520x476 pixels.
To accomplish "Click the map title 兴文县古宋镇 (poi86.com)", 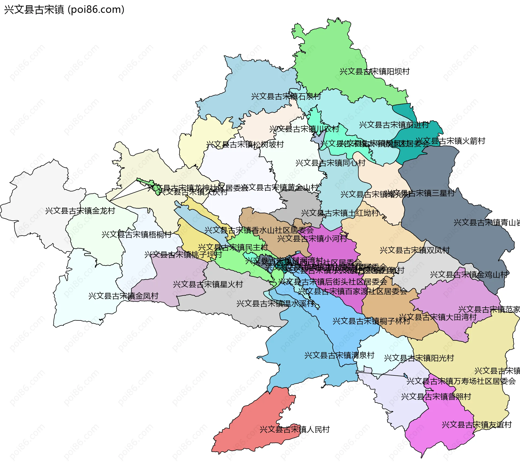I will [x=64, y=9].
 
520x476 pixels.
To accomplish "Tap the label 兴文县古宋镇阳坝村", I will [x=374, y=72].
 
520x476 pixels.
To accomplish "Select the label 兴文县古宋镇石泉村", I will [x=286, y=97].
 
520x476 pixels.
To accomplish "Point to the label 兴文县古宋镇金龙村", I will [x=80, y=211].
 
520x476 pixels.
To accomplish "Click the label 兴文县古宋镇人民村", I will [x=295, y=429].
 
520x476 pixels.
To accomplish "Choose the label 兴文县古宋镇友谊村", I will [x=477, y=424].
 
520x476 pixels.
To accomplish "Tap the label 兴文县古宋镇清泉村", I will [x=339, y=355].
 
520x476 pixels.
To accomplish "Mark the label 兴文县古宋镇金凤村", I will [x=123, y=296].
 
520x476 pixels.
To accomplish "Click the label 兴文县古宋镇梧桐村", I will [x=136, y=234].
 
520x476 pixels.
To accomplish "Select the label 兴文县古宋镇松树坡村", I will [x=245, y=144].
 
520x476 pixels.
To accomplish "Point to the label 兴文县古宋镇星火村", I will [x=208, y=284].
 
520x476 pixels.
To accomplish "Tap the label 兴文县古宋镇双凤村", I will [x=415, y=250].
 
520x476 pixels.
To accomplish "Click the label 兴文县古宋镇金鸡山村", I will [x=469, y=275].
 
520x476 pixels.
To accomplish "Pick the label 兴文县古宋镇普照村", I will [x=436, y=397].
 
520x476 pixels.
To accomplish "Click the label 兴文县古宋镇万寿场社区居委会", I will [x=461, y=381].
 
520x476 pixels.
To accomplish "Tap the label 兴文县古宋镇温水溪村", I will [x=275, y=303].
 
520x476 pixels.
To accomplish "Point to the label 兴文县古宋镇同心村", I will [x=330, y=163].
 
